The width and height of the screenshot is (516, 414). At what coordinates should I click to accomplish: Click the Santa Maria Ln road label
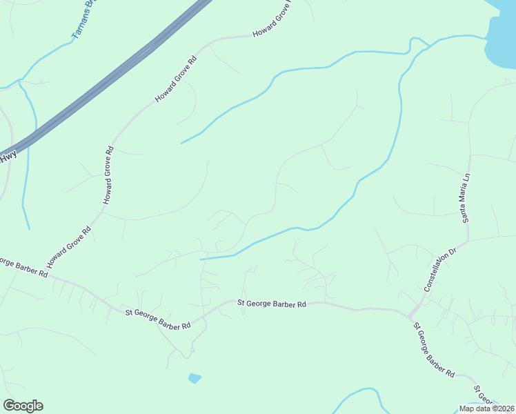466,197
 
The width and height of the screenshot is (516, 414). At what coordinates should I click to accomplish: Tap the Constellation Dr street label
440,271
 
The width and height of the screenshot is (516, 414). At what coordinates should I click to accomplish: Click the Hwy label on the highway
8,158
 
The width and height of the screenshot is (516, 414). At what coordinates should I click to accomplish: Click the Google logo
23,406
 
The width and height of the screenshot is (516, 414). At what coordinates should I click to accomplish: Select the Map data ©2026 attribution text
486,408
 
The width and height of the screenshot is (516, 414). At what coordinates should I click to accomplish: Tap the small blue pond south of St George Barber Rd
195,378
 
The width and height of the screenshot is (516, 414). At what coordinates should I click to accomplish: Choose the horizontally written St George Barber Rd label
271,303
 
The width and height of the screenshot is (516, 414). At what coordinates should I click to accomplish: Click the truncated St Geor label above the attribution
486,397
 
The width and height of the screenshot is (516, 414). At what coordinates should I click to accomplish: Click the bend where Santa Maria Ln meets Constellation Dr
468,241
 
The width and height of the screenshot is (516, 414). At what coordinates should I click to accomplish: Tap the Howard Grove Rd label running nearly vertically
108,175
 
